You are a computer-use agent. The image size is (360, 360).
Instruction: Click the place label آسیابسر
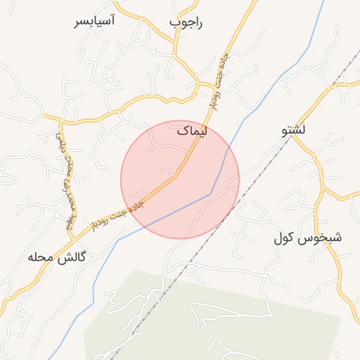[95, 20]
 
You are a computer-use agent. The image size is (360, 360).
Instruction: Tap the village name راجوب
[186, 22]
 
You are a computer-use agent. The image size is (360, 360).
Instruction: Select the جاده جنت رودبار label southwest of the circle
[118, 213]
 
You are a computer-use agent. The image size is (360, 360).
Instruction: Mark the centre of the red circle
[180, 179]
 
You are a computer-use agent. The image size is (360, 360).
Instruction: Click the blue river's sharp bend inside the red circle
[210, 193]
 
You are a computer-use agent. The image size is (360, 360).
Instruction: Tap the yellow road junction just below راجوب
[176, 56]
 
